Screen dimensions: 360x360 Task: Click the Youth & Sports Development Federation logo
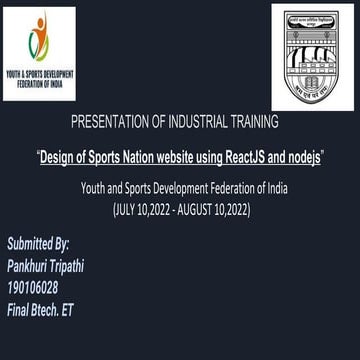coord(39,53)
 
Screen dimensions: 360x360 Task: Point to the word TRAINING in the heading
coord(259,122)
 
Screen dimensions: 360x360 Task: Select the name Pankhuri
coord(30,265)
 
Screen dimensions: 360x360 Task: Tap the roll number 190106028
coord(32,288)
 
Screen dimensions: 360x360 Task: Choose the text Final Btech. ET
coord(40,310)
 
